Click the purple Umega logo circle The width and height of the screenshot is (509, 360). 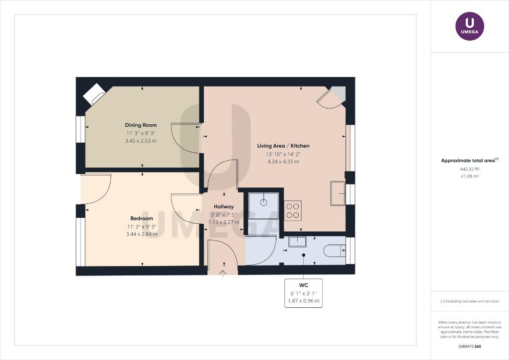pyautogui.click(x=470, y=26)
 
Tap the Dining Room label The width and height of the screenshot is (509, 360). pyautogui.click(x=141, y=125)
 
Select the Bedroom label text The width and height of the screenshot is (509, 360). pyautogui.click(x=142, y=218)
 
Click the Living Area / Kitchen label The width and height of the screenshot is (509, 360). pyautogui.click(x=283, y=146)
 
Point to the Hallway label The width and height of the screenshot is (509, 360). pyautogui.click(x=224, y=206)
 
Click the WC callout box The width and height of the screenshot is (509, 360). pyautogui.click(x=304, y=293)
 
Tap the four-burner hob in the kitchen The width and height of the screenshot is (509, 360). pyautogui.click(x=292, y=211)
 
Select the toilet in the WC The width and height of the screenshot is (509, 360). pyautogui.click(x=335, y=250)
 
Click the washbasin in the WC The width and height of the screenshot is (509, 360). pyautogui.click(x=297, y=242)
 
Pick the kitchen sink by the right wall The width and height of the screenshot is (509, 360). pyautogui.click(x=338, y=193)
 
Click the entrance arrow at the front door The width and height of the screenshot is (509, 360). pyautogui.click(x=223, y=273)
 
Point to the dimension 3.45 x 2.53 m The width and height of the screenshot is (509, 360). pyautogui.click(x=141, y=141)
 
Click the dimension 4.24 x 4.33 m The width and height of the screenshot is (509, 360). pyautogui.click(x=283, y=161)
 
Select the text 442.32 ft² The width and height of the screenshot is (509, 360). pyautogui.click(x=470, y=169)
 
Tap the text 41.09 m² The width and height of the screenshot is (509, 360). pyautogui.click(x=470, y=176)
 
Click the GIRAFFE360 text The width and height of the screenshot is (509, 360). pyautogui.click(x=470, y=347)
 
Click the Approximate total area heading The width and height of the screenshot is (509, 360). pyautogui.click(x=470, y=161)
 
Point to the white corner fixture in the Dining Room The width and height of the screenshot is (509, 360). pyautogui.click(x=94, y=94)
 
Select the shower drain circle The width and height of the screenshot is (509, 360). pyautogui.click(x=263, y=202)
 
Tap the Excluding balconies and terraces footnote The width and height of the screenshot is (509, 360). pyautogui.click(x=470, y=301)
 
